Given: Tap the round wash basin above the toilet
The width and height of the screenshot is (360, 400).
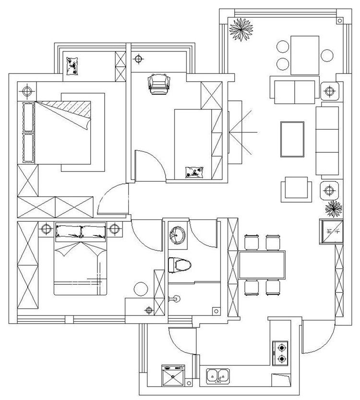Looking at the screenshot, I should (x=177, y=234).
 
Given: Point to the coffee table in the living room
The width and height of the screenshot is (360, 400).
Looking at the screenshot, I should (x=292, y=139).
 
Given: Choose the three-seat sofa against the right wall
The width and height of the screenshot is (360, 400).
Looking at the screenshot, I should (x=327, y=140).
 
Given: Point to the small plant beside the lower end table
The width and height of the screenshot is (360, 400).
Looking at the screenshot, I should (x=332, y=208).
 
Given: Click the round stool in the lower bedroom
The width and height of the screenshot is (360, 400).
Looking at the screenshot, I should (x=141, y=290).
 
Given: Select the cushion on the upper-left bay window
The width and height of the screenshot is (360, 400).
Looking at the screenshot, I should (x=73, y=66).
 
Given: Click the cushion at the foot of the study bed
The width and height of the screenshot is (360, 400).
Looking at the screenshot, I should (x=195, y=171).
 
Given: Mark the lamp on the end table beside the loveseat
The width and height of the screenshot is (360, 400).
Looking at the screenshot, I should (x=330, y=90).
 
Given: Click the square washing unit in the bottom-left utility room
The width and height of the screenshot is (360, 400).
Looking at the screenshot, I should (x=173, y=376).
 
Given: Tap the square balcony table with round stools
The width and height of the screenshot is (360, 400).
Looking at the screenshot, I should (x=304, y=54).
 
